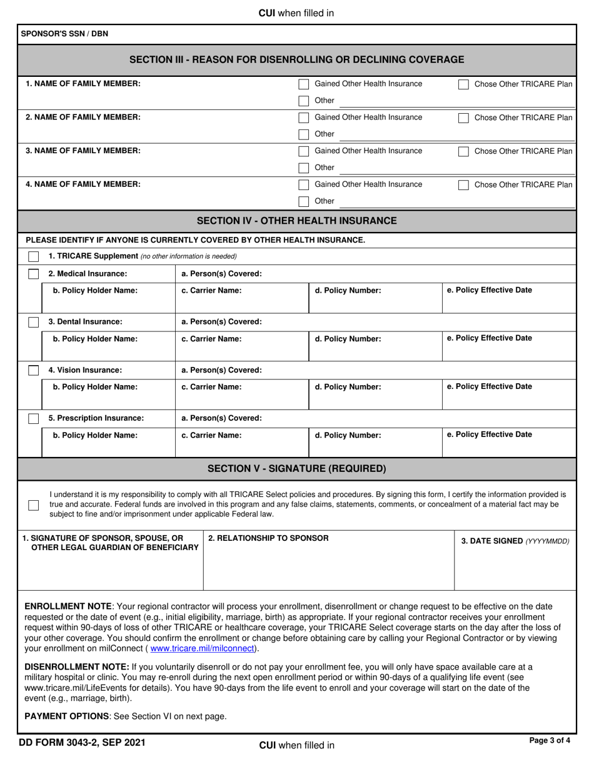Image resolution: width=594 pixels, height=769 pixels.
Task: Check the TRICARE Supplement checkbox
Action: pyautogui.click(x=34, y=256)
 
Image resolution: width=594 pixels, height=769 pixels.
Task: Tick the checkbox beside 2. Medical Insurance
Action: pyautogui.click(x=34, y=274)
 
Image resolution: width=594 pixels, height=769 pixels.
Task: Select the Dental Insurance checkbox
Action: pyautogui.click(x=34, y=322)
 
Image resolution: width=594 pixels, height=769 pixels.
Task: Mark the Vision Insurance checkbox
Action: pyautogui.click(x=34, y=370)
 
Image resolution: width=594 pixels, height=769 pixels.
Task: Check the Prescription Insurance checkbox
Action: pyautogui.click(x=34, y=418)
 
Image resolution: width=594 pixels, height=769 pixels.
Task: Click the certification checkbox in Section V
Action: pyautogui.click(x=34, y=505)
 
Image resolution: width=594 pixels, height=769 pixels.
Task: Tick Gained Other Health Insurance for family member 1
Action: pyautogui.click(x=303, y=84)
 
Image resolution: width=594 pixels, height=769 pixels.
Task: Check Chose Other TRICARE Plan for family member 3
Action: pyautogui.click(x=463, y=151)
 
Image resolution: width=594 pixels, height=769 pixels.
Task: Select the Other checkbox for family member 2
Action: pyautogui.click(x=303, y=134)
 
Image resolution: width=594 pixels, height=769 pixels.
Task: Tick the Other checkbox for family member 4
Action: pyautogui.click(x=303, y=201)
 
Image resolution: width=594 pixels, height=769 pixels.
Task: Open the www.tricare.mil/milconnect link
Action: pyautogui.click(x=202, y=648)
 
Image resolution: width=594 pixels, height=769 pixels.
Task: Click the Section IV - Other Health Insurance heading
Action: pyautogui.click(x=296, y=221)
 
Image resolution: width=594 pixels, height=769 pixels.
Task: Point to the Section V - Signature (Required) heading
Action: pyautogui.click(x=296, y=468)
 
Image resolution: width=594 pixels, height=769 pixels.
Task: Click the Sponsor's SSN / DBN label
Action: pyautogui.click(x=64, y=34)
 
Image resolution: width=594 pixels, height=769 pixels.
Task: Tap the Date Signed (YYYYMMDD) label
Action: pyautogui.click(x=515, y=541)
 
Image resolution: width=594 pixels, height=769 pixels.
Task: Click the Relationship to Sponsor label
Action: pyautogui.click(x=268, y=538)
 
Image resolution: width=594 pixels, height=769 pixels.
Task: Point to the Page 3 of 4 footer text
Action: pyautogui.click(x=550, y=741)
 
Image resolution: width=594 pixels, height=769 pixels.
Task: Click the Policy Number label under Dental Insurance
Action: pyautogui.click(x=348, y=339)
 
